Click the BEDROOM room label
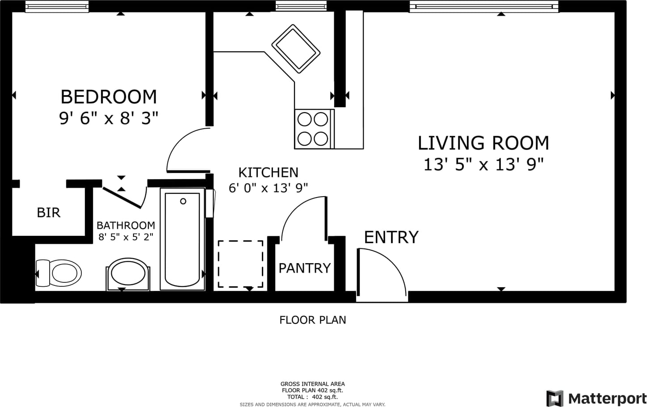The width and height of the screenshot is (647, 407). [x=109, y=97]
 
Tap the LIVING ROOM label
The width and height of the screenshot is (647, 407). [x=483, y=143]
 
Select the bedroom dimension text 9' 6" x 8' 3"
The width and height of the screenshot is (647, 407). [x=109, y=118]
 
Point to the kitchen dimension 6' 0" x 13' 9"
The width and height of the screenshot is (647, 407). [x=268, y=188]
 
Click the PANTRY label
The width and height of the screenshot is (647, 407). [x=304, y=268]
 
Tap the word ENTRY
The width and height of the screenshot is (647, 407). [x=391, y=237]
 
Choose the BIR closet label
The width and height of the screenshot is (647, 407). [x=49, y=213]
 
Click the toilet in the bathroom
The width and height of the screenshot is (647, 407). [x=59, y=273]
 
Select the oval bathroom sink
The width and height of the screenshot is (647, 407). [x=128, y=273]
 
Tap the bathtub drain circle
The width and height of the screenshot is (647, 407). [x=183, y=201]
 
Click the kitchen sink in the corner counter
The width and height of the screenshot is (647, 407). [x=296, y=49]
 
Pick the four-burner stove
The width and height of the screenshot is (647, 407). [x=314, y=129]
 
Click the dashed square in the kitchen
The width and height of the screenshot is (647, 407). [x=240, y=264]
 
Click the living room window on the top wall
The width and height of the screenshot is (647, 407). [x=484, y=6]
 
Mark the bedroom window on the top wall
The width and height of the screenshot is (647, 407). [x=57, y=6]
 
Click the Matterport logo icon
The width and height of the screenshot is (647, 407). [x=555, y=399]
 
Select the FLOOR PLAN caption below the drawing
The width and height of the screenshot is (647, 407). [x=312, y=320]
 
